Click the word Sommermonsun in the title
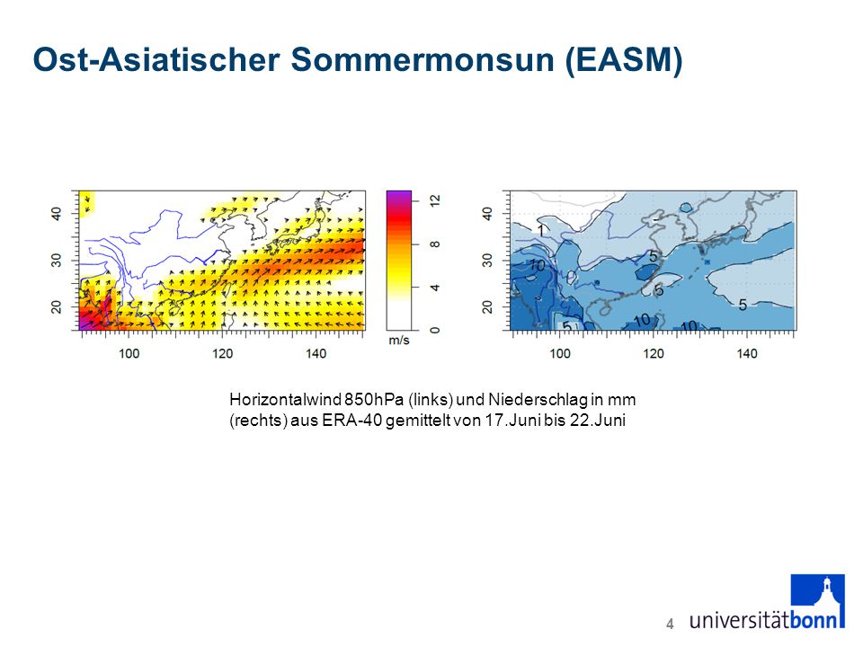[x=423, y=59]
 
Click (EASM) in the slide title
[x=624, y=60]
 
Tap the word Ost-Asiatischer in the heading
[x=156, y=59]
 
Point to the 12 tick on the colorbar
[x=435, y=200]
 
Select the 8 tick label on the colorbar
[x=435, y=244]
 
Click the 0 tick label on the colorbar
[x=435, y=330]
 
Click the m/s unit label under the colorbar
[x=399, y=341]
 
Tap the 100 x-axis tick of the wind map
[x=129, y=353]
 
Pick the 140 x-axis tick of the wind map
[x=316, y=353]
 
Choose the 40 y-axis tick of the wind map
[x=56, y=214]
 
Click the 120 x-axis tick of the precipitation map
[x=654, y=353]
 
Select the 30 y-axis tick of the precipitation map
[x=487, y=261]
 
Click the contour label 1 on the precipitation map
[x=541, y=231]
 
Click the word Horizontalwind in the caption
[x=285, y=399]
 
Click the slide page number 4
[x=670, y=624]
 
